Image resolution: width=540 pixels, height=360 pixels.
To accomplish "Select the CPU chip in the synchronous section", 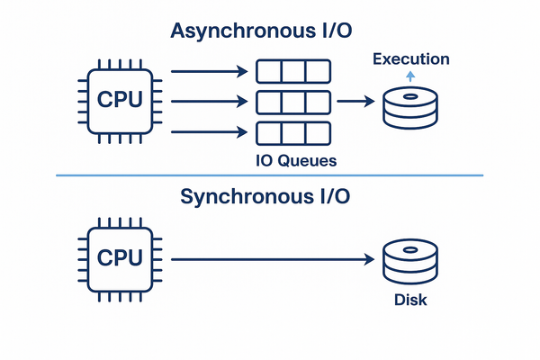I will point(119,259).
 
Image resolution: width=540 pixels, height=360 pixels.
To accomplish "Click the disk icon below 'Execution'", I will point(409,109).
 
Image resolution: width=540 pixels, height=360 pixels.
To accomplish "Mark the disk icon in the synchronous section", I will point(409,262).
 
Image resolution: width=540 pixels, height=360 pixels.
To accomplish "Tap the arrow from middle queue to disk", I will point(356,102).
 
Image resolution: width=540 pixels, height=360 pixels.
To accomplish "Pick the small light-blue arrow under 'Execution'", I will point(409,77).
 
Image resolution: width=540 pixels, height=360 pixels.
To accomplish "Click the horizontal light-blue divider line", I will point(270,175).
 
